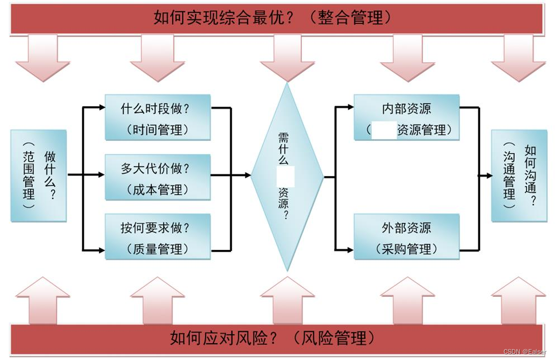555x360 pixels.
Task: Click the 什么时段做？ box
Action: [158, 117]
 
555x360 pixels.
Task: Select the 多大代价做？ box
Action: [158, 177]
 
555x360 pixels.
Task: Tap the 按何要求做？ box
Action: [158, 236]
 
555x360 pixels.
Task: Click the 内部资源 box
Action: [406, 117]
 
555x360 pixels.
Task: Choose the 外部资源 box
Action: [406, 236]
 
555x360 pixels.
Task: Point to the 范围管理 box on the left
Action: [39, 176]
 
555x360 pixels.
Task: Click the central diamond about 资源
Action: [287, 176]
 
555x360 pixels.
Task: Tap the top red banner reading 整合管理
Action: [277, 18]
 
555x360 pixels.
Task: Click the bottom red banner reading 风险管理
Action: [277, 338]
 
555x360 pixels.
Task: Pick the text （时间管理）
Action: [158, 130]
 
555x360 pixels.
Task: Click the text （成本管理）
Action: [158, 190]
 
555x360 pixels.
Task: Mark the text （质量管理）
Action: [158, 249]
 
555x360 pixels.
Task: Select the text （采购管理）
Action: [406, 249]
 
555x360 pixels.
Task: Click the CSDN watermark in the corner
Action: [524, 352]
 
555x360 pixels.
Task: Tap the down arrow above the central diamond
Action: [287, 58]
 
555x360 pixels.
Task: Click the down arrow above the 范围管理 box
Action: [42, 58]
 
